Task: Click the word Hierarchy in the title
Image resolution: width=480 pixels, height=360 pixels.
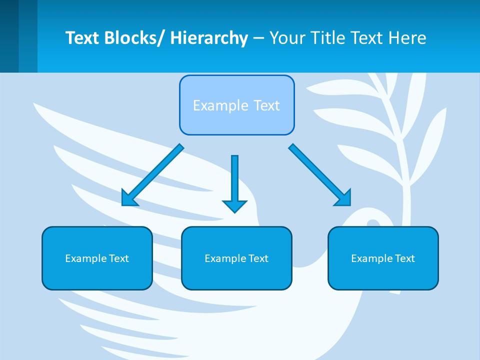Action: coord(209,38)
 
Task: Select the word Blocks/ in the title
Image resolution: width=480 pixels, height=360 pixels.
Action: coord(134,38)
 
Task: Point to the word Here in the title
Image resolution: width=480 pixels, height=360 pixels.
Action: coord(407,38)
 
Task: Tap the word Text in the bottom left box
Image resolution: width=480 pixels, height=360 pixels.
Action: coord(119,258)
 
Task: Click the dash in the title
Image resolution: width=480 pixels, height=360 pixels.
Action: coord(258,38)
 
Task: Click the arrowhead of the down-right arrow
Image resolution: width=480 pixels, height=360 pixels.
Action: coord(343,198)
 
